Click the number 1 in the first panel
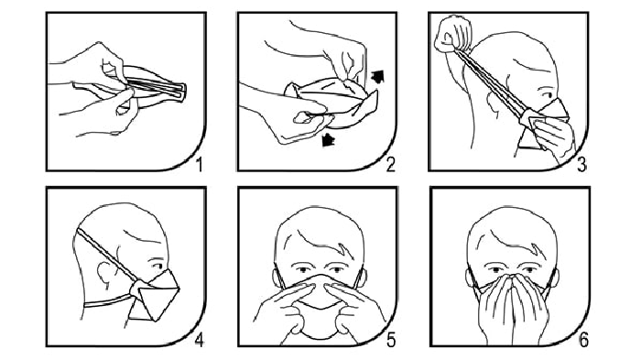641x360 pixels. click(x=199, y=165)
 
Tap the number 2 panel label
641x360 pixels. click(x=390, y=165)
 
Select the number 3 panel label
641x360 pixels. click(x=581, y=165)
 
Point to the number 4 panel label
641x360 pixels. click(x=199, y=340)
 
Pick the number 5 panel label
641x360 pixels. click(x=391, y=340)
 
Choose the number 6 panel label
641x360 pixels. click(x=583, y=340)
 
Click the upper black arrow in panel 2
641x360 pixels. click(x=377, y=76)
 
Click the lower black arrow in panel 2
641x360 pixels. click(x=328, y=140)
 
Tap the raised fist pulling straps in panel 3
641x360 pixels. click(x=453, y=34)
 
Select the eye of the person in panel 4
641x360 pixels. click(x=156, y=265)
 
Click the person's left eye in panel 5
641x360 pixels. click(x=336, y=270)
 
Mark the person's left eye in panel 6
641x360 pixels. click(x=528, y=270)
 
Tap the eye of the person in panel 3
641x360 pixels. click(x=545, y=94)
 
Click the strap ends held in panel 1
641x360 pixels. click(x=179, y=91)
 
